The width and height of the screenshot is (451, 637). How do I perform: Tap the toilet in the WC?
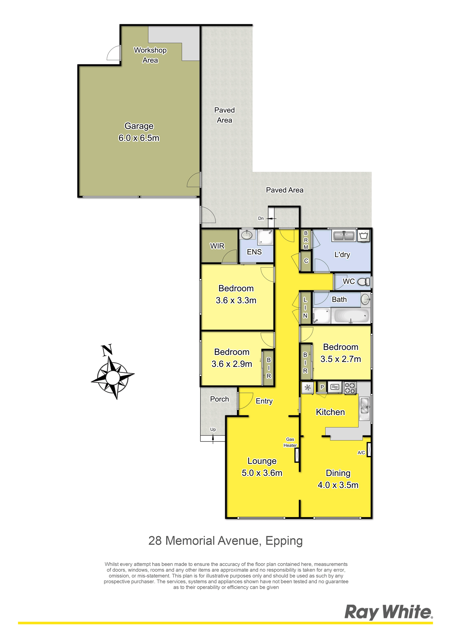(x=363, y=282)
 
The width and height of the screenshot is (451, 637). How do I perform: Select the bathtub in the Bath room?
(x=351, y=316)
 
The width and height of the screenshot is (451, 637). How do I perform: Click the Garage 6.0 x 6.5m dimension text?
(x=139, y=138)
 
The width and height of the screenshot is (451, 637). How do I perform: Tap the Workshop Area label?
(x=150, y=55)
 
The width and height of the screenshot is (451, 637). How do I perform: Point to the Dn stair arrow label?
(x=261, y=218)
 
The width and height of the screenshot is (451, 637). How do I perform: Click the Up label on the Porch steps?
(x=213, y=429)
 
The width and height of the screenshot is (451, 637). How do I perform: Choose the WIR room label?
(x=217, y=246)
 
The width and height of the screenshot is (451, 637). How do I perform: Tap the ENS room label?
(x=254, y=252)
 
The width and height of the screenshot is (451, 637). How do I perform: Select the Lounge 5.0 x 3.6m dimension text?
(x=262, y=473)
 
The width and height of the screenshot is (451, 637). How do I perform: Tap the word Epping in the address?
(x=284, y=541)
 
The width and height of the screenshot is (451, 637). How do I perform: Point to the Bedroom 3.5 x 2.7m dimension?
(x=341, y=359)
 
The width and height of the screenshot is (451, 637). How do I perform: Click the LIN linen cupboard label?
(x=305, y=307)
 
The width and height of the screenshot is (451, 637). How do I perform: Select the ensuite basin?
(x=246, y=235)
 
